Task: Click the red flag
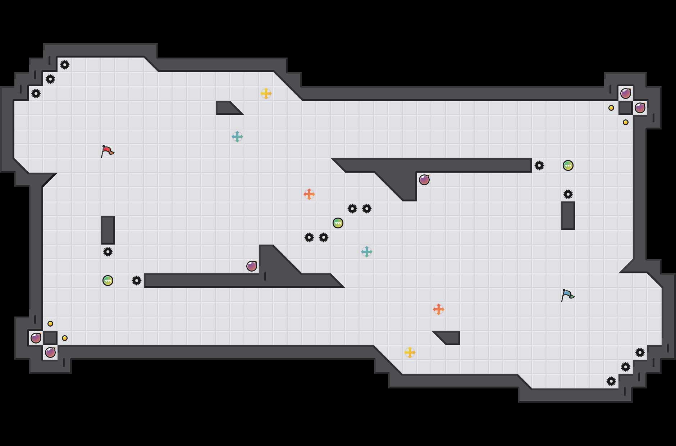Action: point(107,151)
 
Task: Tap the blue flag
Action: point(567,295)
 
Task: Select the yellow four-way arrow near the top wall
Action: point(266,94)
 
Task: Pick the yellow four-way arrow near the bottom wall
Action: point(410,352)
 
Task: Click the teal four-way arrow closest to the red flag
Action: point(237,137)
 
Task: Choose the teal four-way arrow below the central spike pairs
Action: point(367,252)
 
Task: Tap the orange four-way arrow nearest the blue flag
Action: point(439,309)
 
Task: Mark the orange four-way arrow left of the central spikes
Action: point(309,194)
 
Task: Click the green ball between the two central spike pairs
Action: point(338,223)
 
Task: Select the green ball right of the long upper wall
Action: point(568,165)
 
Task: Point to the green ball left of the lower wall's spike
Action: point(108,281)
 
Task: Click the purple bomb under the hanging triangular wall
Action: point(424,180)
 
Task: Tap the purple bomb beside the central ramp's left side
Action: point(252,266)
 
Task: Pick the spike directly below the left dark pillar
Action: point(108,252)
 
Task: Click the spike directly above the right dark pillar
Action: point(568,194)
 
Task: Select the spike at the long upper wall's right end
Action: point(539,165)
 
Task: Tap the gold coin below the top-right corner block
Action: point(626,122)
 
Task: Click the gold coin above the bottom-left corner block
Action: point(50,324)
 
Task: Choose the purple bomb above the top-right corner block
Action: point(626,94)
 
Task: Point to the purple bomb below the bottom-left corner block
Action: point(50,352)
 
